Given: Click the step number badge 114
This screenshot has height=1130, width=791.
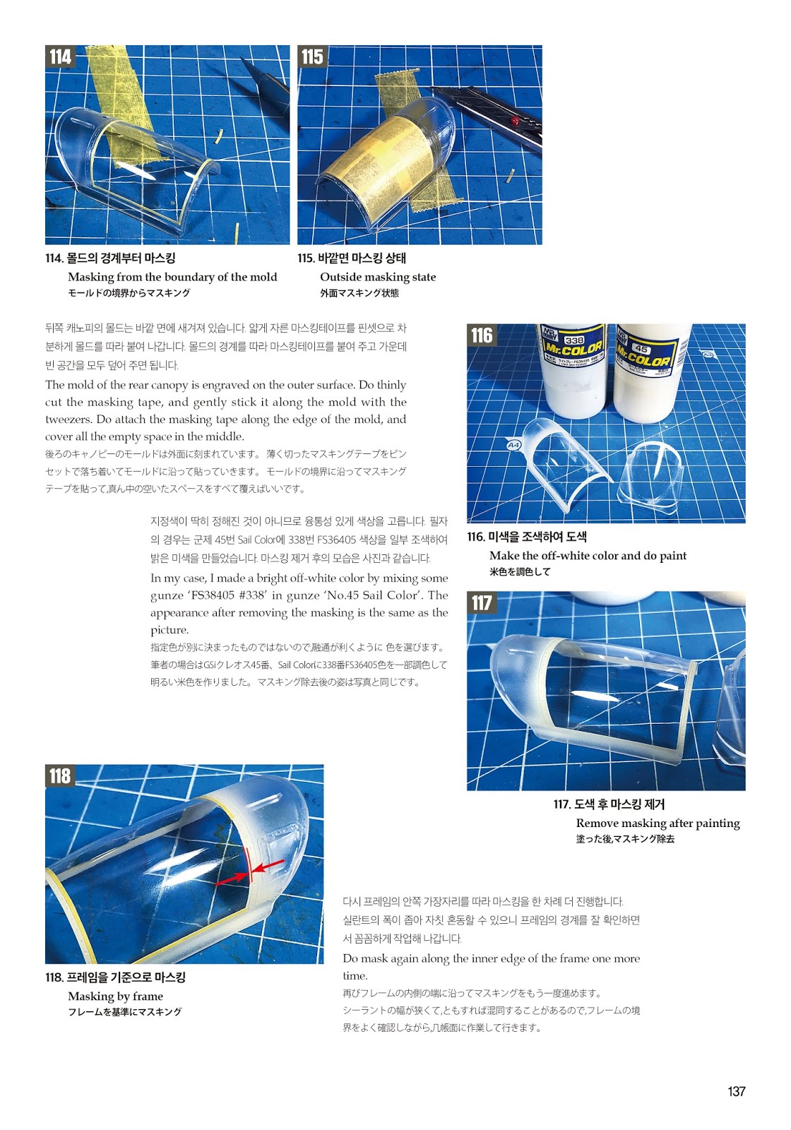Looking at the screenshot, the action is point(60,56).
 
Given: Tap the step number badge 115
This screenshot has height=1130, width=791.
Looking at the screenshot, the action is point(312,56).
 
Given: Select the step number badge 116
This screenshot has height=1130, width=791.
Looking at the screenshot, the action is point(482,335).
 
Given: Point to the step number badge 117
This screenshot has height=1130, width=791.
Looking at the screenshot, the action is point(482,603).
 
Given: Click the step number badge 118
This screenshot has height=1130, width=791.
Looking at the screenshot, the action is point(60,776).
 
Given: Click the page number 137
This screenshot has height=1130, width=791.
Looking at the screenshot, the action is point(737,1091).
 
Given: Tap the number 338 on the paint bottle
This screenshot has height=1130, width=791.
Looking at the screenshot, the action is point(573,340).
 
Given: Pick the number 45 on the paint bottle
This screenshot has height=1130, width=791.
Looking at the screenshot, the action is point(641,348).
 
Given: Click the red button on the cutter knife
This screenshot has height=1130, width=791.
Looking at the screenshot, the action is point(515,121).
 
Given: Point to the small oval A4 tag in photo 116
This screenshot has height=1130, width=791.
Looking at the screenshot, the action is point(513,446).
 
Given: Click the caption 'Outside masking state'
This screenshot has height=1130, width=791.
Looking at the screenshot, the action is point(378,277).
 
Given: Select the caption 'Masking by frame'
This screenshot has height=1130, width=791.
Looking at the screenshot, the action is point(116,997).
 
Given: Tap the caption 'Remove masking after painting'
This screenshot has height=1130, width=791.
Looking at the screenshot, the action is point(658,823).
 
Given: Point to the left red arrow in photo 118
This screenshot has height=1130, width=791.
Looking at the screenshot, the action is point(232,879).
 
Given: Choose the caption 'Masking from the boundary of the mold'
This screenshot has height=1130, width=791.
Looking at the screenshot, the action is point(172,277).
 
